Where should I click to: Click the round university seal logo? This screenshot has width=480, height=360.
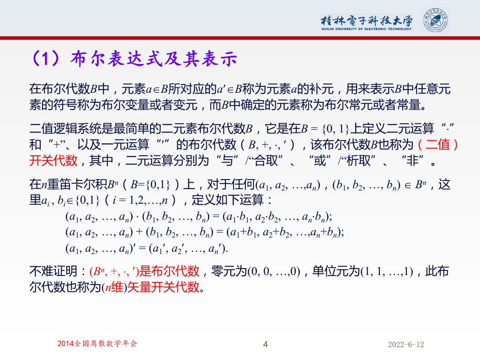[436, 21]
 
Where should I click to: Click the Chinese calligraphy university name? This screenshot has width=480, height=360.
[367, 21]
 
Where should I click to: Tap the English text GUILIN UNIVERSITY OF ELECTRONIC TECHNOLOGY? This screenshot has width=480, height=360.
[367, 29]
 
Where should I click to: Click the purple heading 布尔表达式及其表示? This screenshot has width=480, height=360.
[154, 58]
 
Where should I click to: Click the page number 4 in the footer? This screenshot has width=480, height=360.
[266, 344]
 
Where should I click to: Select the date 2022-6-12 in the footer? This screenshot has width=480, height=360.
[406, 344]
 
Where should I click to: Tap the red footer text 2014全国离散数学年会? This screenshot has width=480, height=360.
[97, 344]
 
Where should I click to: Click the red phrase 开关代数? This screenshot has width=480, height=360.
[53, 160]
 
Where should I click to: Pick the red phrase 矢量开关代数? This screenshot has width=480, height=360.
[163, 287]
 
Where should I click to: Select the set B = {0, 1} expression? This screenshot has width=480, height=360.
[325, 129]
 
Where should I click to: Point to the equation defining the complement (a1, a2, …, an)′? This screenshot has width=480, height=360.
[147, 249]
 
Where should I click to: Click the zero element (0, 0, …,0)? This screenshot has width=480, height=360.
[274, 271]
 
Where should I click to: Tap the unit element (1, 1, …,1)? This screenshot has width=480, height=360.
[387, 271]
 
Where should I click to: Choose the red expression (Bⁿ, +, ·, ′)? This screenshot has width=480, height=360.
[114, 271]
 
